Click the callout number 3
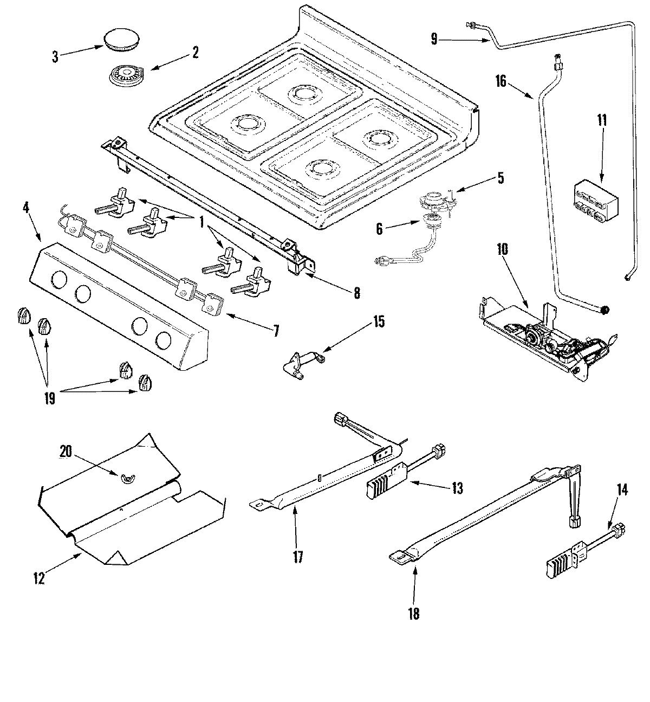click(55, 57)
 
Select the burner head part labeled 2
click(123, 74)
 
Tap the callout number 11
click(603, 120)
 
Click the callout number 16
click(500, 81)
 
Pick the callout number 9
click(434, 38)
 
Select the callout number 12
click(38, 578)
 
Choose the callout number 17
click(297, 557)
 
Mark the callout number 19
click(49, 398)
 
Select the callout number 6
click(379, 229)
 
